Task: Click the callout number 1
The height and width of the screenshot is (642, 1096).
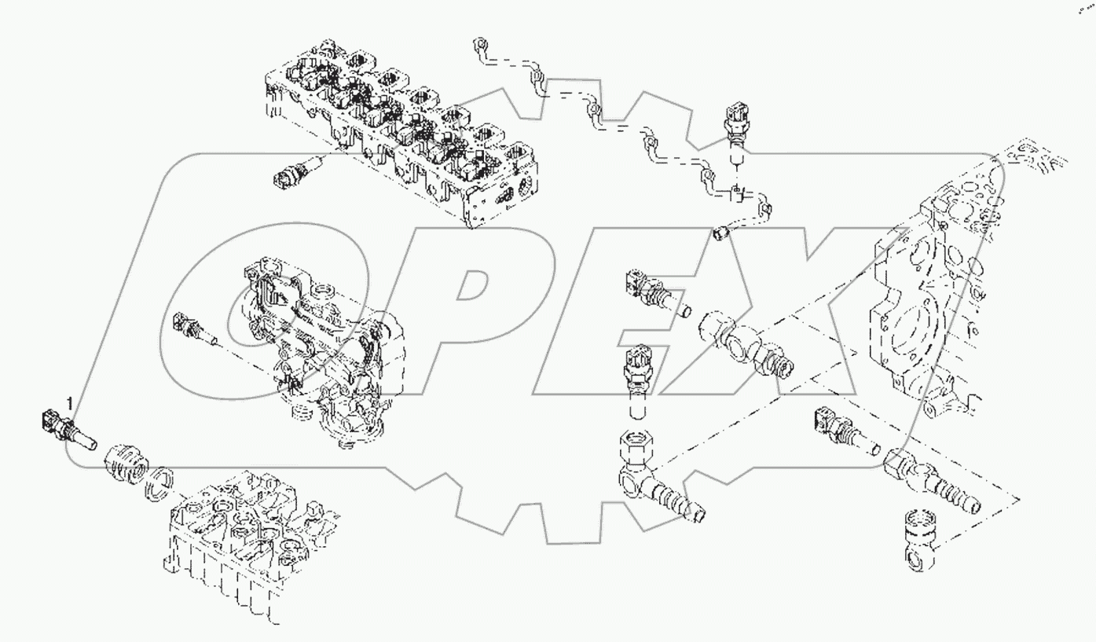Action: pyautogui.click(x=70, y=404)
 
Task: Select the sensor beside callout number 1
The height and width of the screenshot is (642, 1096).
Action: pyautogui.click(x=69, y=430)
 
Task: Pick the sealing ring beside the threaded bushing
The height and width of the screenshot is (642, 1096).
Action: pyautogui.click(x=159, y=483)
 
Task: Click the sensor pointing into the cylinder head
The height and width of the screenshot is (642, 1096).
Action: pyautogui.click(x=299, y=171)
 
